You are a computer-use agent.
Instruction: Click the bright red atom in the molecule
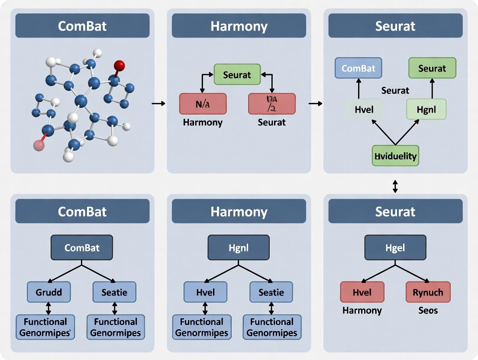click(119, 66)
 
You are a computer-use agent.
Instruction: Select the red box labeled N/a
click(203, 104)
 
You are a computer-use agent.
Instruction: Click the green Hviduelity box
click(395, 156)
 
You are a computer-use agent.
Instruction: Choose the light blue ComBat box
click(358, 68)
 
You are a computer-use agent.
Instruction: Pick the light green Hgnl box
click(426, 109)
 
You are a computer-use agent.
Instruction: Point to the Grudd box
click(48, 292)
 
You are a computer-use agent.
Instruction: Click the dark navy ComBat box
click(82, 247)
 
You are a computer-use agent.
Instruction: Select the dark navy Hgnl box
click(239, 247)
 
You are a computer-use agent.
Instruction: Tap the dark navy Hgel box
click(395, 247)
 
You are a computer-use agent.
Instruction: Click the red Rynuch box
click(428, 292)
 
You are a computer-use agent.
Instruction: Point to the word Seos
click(428, 310)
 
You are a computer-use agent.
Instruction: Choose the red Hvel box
click(362, 292)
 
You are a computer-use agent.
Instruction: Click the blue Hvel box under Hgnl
click(205, 292)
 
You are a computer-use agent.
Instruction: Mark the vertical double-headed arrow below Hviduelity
click(395, 186)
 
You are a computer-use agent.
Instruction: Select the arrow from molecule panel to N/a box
click(159, 103)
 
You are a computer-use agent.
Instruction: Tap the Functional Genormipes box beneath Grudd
click(45, 327)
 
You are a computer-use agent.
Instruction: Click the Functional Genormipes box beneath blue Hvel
click(202, 327)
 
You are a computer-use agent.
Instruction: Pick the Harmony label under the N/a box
click(203, 122)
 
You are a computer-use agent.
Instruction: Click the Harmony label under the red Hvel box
click(362, 310)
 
